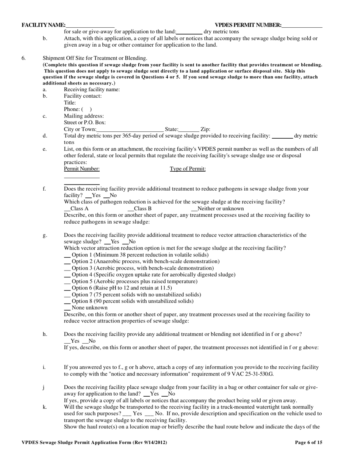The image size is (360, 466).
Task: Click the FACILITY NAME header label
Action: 44,25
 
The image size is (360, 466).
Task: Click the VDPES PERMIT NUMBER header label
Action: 248,25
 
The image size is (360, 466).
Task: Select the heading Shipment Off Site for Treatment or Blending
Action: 95,58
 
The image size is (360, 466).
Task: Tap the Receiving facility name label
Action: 92,89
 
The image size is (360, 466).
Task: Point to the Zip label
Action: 205,129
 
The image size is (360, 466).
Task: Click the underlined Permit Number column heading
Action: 81,169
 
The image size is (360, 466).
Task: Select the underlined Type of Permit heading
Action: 188,169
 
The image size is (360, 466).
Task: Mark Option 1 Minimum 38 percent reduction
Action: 67,255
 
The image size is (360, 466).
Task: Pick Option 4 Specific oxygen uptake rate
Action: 67,275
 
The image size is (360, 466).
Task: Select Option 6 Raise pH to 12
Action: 67,288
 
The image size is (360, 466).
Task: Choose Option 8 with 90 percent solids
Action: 67,301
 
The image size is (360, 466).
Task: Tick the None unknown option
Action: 67,308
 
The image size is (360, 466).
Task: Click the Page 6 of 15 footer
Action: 308,442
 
